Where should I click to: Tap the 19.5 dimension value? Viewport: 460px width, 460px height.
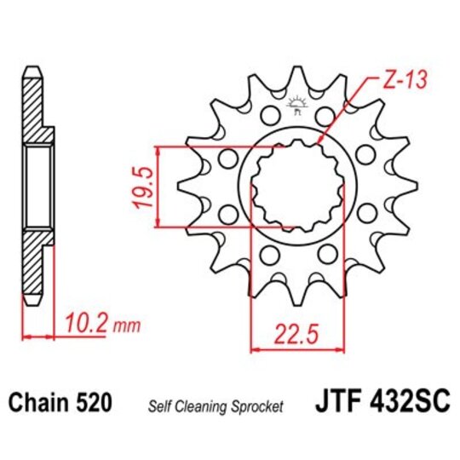point(145,186)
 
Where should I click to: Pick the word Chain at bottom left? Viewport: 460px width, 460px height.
point(39,401)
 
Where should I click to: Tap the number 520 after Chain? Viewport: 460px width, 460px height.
point(93,401)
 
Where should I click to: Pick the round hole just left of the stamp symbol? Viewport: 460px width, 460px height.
point(269,114)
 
